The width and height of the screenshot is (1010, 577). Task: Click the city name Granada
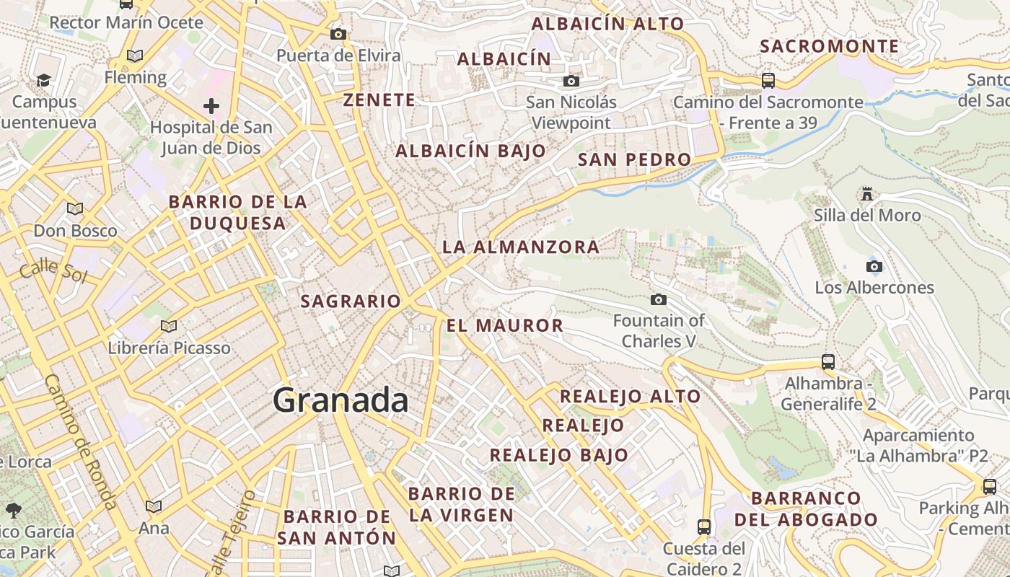(x=341, y=400)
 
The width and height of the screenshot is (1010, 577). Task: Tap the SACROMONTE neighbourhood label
(x=830, y=47)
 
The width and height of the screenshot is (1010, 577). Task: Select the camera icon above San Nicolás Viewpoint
(x=571, y=81)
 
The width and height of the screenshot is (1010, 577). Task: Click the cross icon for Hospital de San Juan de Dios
(x=211, y=107)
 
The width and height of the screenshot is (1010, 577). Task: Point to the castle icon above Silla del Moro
(x=867, y=194)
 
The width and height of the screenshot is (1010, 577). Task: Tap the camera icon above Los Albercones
(x=874, y=266)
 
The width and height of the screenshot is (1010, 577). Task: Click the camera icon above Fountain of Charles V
(x=658, y=299)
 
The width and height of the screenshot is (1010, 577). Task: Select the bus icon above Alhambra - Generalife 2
(x=828, y=362)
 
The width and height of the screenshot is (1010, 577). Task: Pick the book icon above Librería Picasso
(x=169, y=327)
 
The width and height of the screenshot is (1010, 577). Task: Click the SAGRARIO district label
(x=351, y=301)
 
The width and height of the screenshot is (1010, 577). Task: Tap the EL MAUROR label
(x=505, y=325)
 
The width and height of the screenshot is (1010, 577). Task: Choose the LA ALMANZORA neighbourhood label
(x=521, y=247)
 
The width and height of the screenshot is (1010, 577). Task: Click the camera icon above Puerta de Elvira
(x=338, y=34)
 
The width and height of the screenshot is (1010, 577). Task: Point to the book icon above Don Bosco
(x=75, y=209)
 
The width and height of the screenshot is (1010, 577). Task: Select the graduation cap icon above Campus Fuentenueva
(x=44, y=80)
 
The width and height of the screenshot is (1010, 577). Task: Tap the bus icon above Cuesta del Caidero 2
(x=704, y=527)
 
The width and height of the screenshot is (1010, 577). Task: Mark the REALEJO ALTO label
(x=631, y=396)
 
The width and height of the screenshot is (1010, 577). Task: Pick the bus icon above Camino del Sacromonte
(x=768, y=80)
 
